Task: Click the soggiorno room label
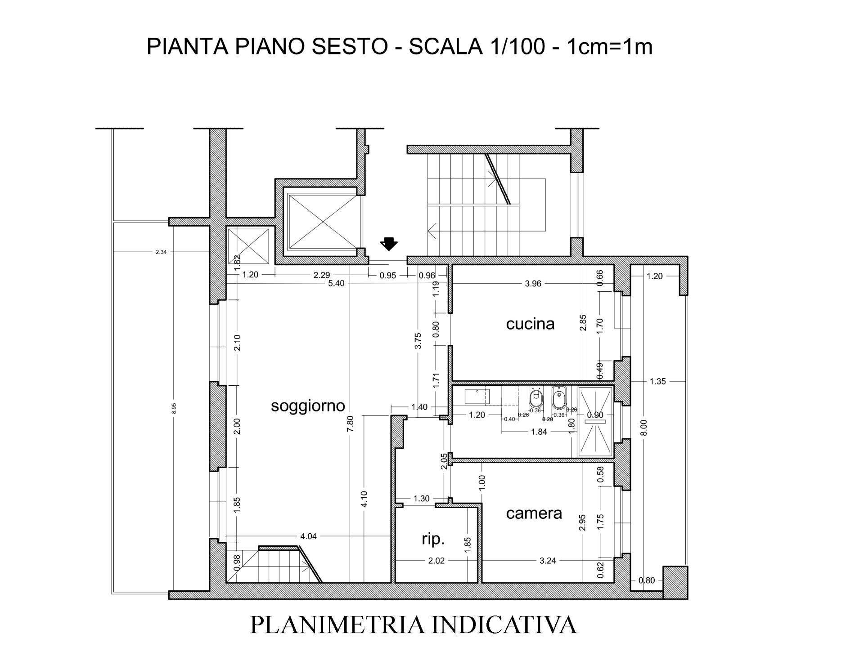point(308,406)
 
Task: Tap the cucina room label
point(530,324)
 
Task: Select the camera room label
point(534,513)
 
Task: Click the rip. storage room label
point(433,539)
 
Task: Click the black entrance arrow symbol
point(389,244)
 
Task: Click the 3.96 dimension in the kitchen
point(533,284)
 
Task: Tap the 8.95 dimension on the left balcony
point(174,408)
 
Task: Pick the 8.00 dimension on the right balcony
point(644,428)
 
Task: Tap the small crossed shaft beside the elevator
point(248,246)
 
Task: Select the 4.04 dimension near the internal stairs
point(308,536)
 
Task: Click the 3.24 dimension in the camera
point(547,561)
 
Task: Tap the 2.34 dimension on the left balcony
point(161,252)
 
